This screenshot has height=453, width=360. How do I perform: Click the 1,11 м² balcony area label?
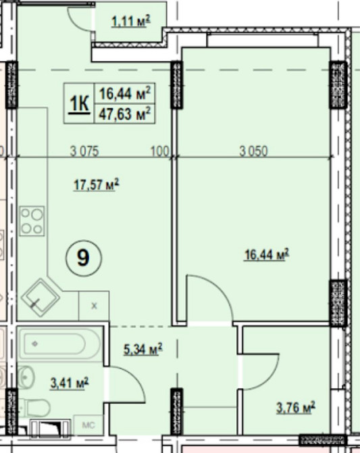click(131, 22)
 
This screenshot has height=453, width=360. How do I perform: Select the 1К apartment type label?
click(79, 103)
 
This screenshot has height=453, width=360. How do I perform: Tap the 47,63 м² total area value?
click(125, 114)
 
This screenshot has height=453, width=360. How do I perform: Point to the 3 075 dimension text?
click(84, 151)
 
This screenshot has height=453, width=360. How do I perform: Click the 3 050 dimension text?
click(253, 151)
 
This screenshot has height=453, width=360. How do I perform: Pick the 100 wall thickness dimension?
click(159, 151)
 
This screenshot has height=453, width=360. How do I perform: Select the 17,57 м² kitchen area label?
click(96, 185)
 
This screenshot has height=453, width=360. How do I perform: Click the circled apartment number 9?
click(84, 258)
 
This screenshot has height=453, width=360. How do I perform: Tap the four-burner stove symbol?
click(32, 221)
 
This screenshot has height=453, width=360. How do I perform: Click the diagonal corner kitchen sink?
click(40, 297)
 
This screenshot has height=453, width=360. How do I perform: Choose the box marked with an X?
click(94, 306)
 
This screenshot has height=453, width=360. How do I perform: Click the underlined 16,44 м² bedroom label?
click(267, 254)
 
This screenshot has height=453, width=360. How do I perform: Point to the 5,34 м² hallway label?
click(143, 349)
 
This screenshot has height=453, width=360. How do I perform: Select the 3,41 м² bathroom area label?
click(70, 383)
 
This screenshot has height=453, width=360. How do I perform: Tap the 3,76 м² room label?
click(296, 408)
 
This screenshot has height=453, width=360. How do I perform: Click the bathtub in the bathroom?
click(59, 343)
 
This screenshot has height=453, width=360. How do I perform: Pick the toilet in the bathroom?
click(37, 408)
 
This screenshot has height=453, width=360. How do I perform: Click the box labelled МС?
click(88, 425)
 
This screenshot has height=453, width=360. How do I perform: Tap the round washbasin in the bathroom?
click(26, 377)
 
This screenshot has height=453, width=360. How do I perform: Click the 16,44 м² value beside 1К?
click(125, 93)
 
